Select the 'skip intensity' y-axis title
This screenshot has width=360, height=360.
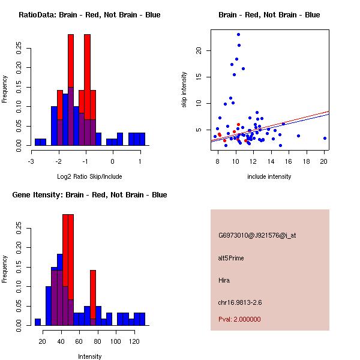pyautogui.click(x=185, y=90)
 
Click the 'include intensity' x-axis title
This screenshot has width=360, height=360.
pyautogui.click(x=269, y=176)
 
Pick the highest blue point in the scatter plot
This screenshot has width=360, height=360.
pyautogui.click(x=238, y=35)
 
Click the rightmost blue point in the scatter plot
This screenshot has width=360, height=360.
pyautogui.click(x=325, y=138)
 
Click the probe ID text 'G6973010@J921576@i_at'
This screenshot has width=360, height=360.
pyautogui.click(x=257, y=235)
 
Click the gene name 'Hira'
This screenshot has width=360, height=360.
pyautogui.click(x=224, y=280)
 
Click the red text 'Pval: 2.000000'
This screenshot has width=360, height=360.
pyautogui.click(x=239, y=319)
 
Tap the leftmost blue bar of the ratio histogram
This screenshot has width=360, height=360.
pyautogui.click(x=40, y=142)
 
